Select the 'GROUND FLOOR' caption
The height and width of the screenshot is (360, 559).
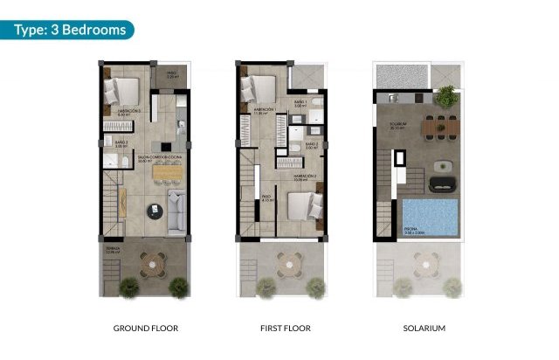(x=146, y=329)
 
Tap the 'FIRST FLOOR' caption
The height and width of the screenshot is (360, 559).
(x=285, y=329)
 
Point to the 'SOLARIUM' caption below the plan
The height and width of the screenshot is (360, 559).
(x=424, y=329)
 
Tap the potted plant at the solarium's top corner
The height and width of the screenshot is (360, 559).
(x=445, y=95)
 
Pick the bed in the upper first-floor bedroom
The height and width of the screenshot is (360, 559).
(x=258, y=90)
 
